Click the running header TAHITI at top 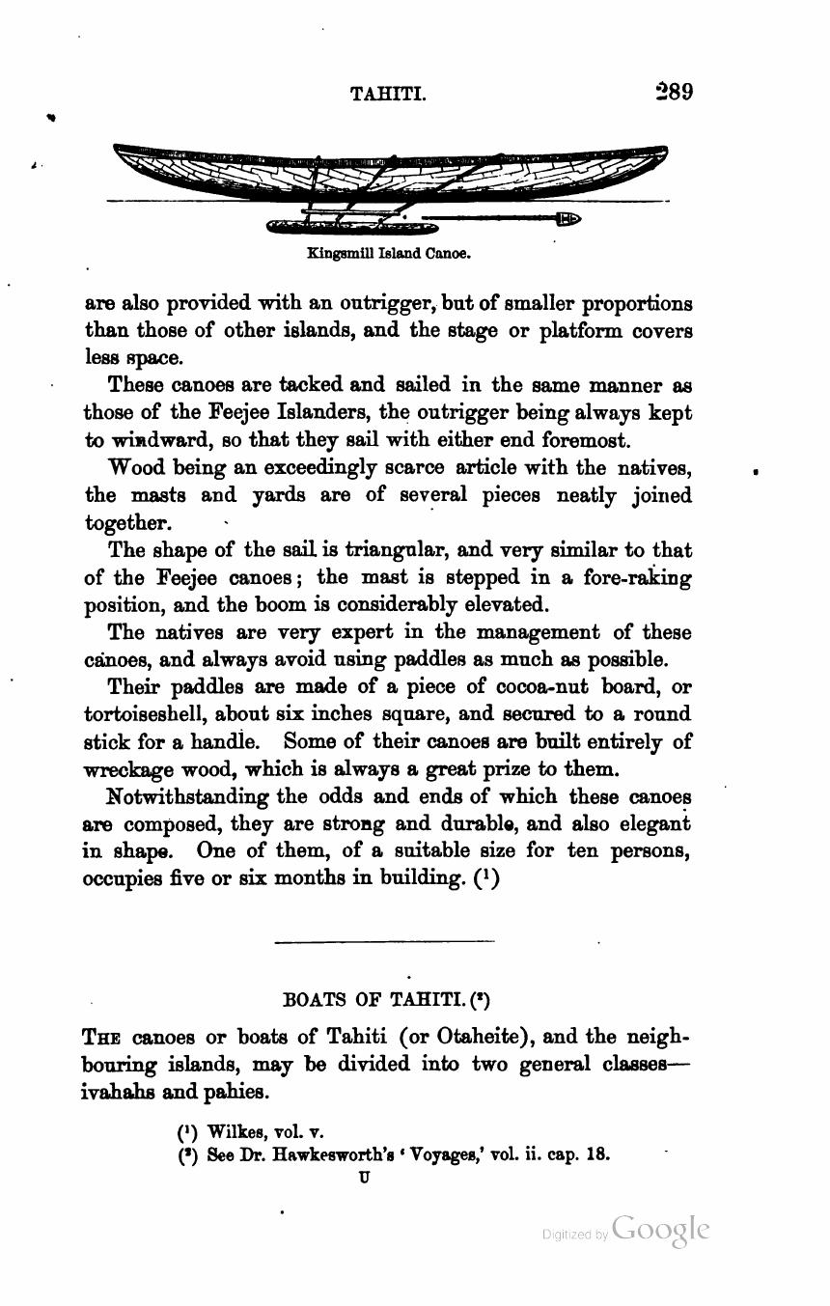[x=388, y=95]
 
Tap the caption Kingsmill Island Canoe [x=388, y=255]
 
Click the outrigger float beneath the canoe [x=352, y=228]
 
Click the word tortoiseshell [x=145, y=715]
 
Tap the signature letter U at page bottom [x=364, y=1177]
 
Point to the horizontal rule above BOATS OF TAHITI [x=384, y=941]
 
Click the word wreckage [x=131, y=770]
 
